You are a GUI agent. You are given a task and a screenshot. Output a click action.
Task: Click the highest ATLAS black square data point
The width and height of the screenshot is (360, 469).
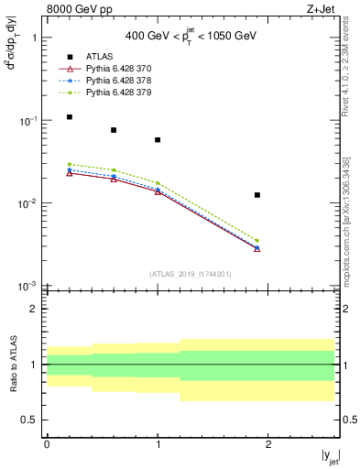[69, 117]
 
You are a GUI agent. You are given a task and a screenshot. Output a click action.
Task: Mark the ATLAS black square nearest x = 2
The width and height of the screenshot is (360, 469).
[257, 195]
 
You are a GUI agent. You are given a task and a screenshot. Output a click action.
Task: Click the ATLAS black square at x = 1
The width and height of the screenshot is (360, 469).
[158, 140]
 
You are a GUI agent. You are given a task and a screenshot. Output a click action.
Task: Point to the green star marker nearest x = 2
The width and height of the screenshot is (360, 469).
[257, 240]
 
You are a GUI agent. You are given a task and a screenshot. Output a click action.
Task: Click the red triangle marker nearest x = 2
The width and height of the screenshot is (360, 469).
[257, 248]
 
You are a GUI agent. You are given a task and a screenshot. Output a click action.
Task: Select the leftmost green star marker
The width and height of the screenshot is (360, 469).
[69, 165]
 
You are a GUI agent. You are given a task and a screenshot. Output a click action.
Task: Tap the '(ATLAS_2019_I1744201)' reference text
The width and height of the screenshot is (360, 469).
[191, 274]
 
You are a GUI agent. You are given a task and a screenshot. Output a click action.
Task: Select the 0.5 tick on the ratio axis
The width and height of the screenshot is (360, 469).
[33, 420]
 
